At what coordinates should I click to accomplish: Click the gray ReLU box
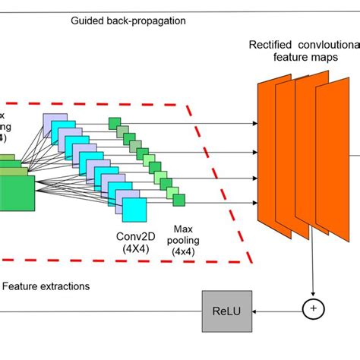[227, 310]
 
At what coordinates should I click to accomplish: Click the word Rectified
[270, 44]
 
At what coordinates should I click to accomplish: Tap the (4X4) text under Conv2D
[137, 246]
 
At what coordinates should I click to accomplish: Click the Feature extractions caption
[46, 286]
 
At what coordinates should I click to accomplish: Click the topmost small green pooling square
[115, 122]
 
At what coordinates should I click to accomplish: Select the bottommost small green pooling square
[179, 201]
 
